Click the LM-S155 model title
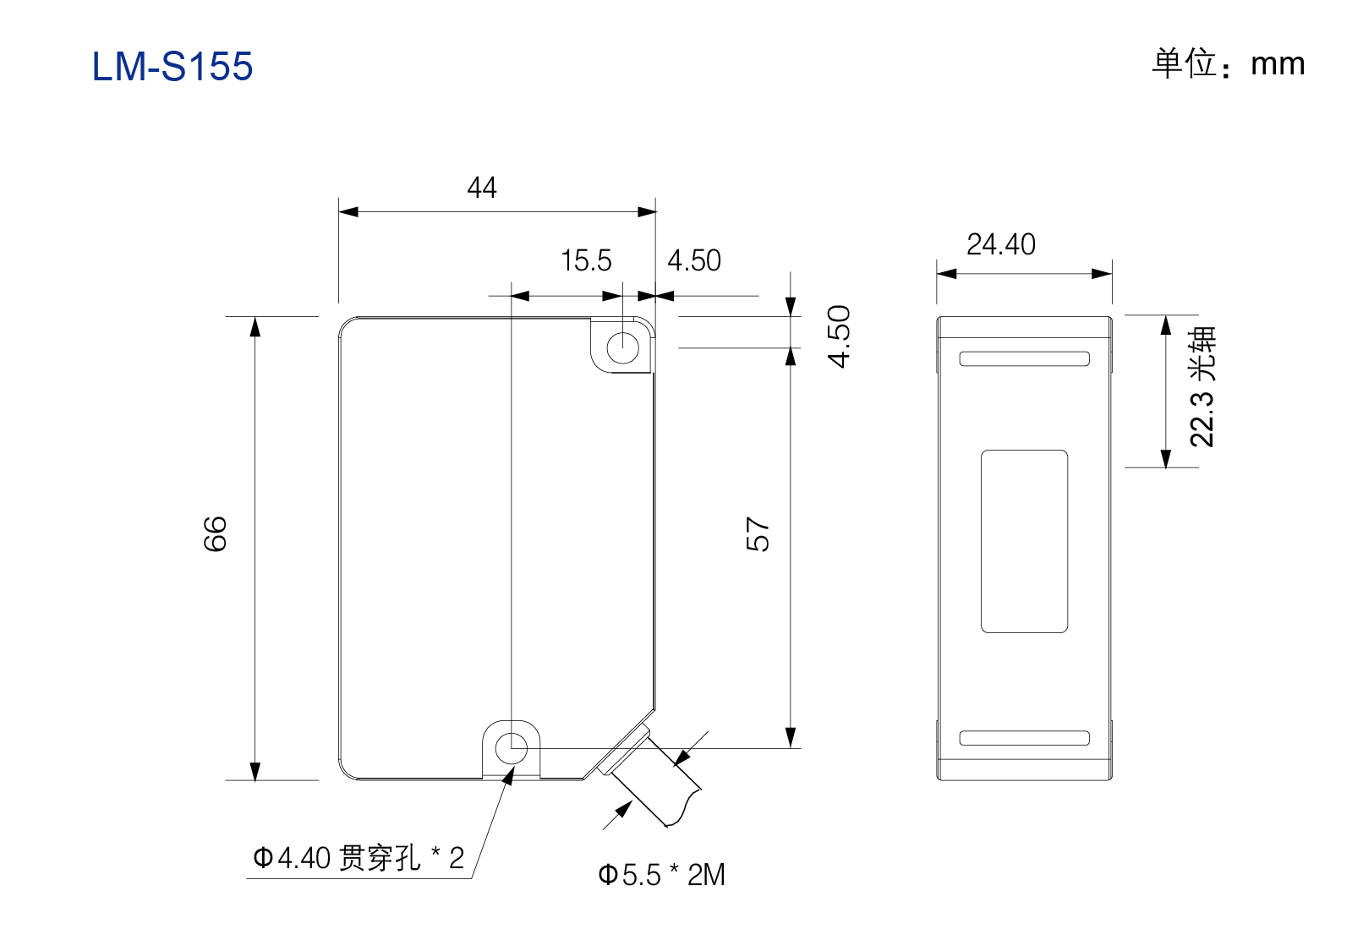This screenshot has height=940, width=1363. point(172,66)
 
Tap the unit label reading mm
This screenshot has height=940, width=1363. point(1278,64)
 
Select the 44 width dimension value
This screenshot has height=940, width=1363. point(482,188)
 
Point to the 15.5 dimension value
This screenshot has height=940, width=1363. point(586,260)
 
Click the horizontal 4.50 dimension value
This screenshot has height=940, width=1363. point(694,260)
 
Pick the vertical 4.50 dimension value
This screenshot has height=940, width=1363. point(839,336)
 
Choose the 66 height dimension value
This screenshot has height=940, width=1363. point(216,533)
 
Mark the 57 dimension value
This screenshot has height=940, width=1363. point(758,534)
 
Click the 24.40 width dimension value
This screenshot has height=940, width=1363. point(1001,244)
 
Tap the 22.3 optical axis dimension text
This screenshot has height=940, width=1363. point(1202,387)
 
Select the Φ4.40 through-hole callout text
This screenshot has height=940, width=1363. point(359,858)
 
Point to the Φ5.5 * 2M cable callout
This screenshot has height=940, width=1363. point(661,875)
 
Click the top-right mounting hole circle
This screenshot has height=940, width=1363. point(622,348)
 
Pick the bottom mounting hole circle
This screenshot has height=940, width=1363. point(511,748)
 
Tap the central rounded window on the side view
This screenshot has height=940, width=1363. point(1024,542)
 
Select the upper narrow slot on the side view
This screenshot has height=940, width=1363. point(1024,358)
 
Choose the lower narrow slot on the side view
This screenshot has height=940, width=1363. point(1024,738)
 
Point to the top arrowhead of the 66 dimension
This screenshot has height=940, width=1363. point(255,326)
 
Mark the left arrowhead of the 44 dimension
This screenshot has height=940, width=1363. point(348,211)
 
